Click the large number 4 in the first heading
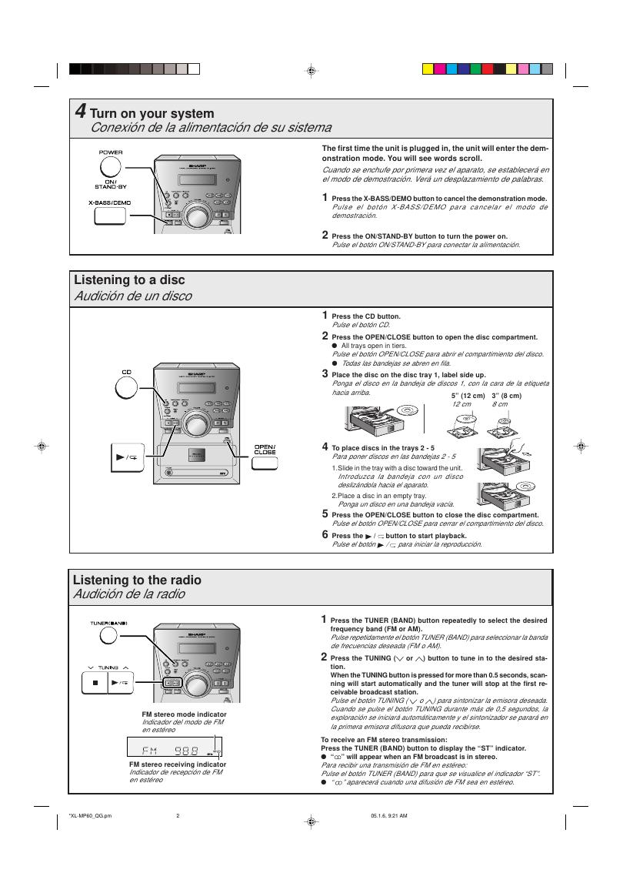pos(80,112)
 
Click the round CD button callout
pos(127,387)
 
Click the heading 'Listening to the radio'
pos(137,580)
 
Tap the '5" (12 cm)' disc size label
pos(468,396)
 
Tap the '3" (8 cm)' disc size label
pos(506,396)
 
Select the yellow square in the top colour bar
pos(428,69)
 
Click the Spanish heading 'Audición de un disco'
pos(132,296)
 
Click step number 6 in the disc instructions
pos(325,534)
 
